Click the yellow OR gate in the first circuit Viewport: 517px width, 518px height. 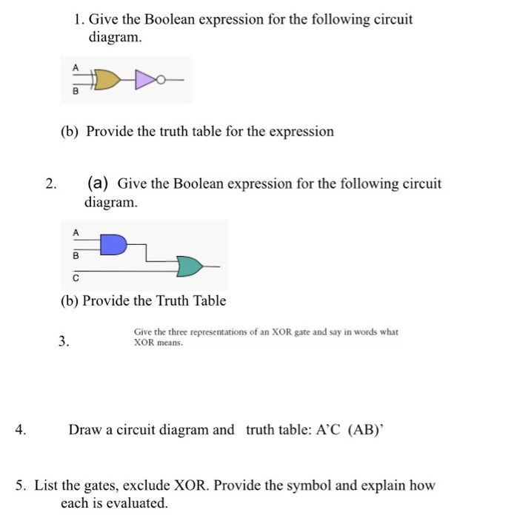click(x=107, y=79)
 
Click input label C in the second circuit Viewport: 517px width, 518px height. click(x=75, y=279)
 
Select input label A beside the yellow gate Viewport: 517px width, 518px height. click(x=75, y=66)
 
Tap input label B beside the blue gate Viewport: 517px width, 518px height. click(x=75, y=256)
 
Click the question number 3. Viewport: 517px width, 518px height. click(x=64, y=342)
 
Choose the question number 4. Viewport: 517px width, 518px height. click(x=22, y=429)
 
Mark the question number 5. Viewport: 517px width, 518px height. click(x=21, y=486)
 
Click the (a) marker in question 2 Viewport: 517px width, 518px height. click(x=99, y=183)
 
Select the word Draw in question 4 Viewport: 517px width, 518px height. click(x=85, y=429)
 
